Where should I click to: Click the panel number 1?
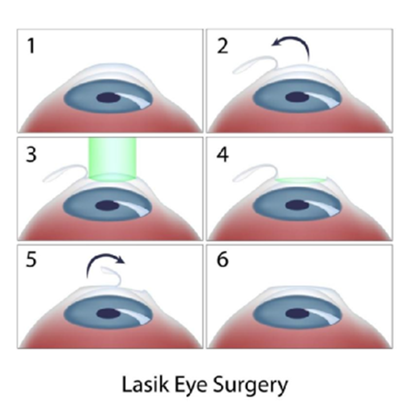pyautogui.click(x=32, y=46)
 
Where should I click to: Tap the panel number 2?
pyautogui.click(x=222, y=46)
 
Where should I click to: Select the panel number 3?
pyautogui.click(x=32, y=154)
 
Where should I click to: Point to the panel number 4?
pyautogui.click(x=222, y=154)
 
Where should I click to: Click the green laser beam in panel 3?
pyautogui.click(x=113, y=159)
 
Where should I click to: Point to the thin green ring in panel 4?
pyautogui.click(x=301, y=180)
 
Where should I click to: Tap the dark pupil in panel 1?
pyautogui.click(x=108, y=97)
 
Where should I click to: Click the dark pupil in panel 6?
pyautogui.click(x=297, y=313)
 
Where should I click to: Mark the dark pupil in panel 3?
pyautogui.click(x=108, y=206)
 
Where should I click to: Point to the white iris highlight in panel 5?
pyautogui.click(x=136, y=317)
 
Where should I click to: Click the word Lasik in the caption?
pyautogui.click(x=145, y=384)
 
